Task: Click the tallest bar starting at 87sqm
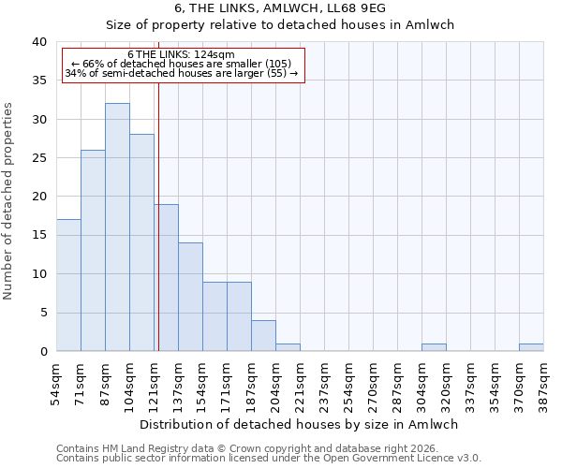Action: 117,227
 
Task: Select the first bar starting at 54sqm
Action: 68,285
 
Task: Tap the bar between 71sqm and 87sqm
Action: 93,251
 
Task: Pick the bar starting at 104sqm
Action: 141,242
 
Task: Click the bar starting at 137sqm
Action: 190,297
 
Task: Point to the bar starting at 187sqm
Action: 263,336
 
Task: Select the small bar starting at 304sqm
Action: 434,347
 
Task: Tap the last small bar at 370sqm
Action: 531,347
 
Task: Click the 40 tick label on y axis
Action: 38,42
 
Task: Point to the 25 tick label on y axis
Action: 38,158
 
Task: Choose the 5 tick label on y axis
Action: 42,313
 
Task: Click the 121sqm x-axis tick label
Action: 155,384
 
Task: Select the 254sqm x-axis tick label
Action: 348,384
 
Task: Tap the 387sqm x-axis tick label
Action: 543,384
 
